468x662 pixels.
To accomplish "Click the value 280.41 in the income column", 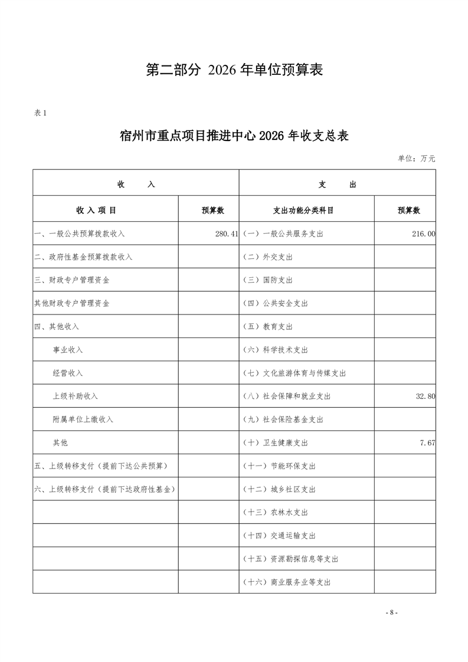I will (227, 234).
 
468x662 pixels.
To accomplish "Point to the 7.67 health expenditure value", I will (427, 443).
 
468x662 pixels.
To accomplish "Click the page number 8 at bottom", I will (391, 612).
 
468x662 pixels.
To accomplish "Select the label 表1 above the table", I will (40, 113).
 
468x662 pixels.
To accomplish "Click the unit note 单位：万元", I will (417, 159).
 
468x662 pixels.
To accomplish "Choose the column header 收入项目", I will (96, 210).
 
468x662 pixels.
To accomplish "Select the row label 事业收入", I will (68, 350).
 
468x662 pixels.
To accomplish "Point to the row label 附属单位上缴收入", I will (83, 420).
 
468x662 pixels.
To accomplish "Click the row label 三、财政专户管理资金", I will (71, 280).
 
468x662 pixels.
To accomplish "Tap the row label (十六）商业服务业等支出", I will (286, 582).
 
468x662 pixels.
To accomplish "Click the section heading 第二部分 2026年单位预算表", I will (234, 70).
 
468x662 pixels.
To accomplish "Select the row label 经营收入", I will (68, 373).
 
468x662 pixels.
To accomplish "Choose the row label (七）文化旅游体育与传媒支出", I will (294, 373).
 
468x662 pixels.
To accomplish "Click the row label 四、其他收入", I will (57, 326).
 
